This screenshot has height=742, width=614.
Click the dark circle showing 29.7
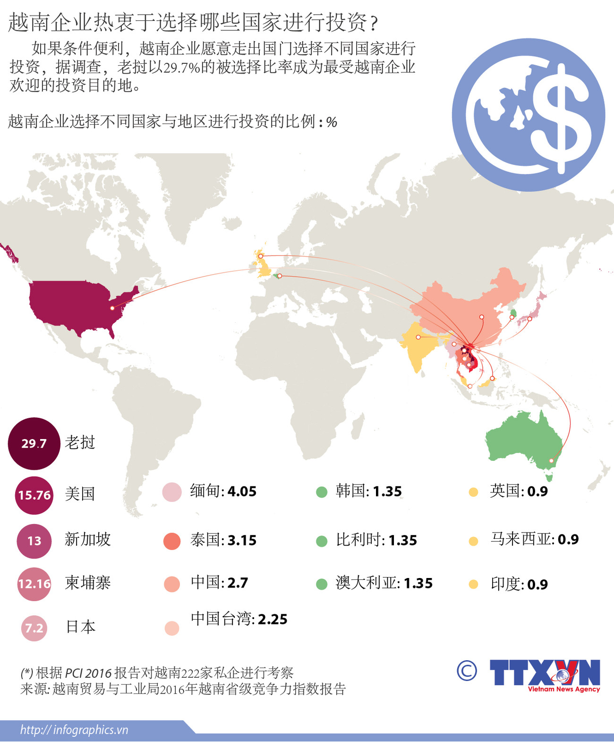pos(34,443)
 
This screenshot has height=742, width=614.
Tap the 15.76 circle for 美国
pos(34,495)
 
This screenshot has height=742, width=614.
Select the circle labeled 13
pos(34,541)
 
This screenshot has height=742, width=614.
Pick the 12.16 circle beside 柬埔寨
pos(34,584)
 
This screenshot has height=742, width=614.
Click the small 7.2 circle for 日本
pos(34,628)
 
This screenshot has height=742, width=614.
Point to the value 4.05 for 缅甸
pos(242,492)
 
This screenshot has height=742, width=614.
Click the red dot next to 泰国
pos(172,541)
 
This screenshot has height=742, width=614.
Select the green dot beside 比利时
pos(322,541)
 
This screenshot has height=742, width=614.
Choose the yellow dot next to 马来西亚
pos(473,541)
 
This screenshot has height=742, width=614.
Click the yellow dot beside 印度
pos(473,585)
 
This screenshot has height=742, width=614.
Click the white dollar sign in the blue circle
pos(561,118)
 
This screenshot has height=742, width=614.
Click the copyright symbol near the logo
pos(467,671)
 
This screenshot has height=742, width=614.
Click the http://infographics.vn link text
pos(74,730)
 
